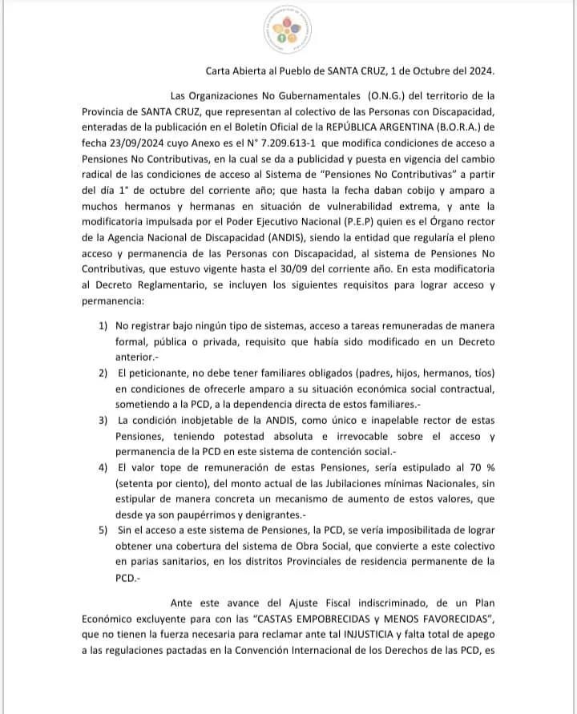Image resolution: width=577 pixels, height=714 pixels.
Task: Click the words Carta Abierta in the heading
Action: point(233,71)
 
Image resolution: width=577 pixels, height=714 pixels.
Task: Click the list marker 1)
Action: point(103,326)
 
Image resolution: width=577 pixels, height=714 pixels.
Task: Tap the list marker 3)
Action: point(103,419)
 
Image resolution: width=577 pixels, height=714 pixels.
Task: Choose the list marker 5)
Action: point(103,530)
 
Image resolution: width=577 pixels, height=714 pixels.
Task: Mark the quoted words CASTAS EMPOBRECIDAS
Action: point(312,620)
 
